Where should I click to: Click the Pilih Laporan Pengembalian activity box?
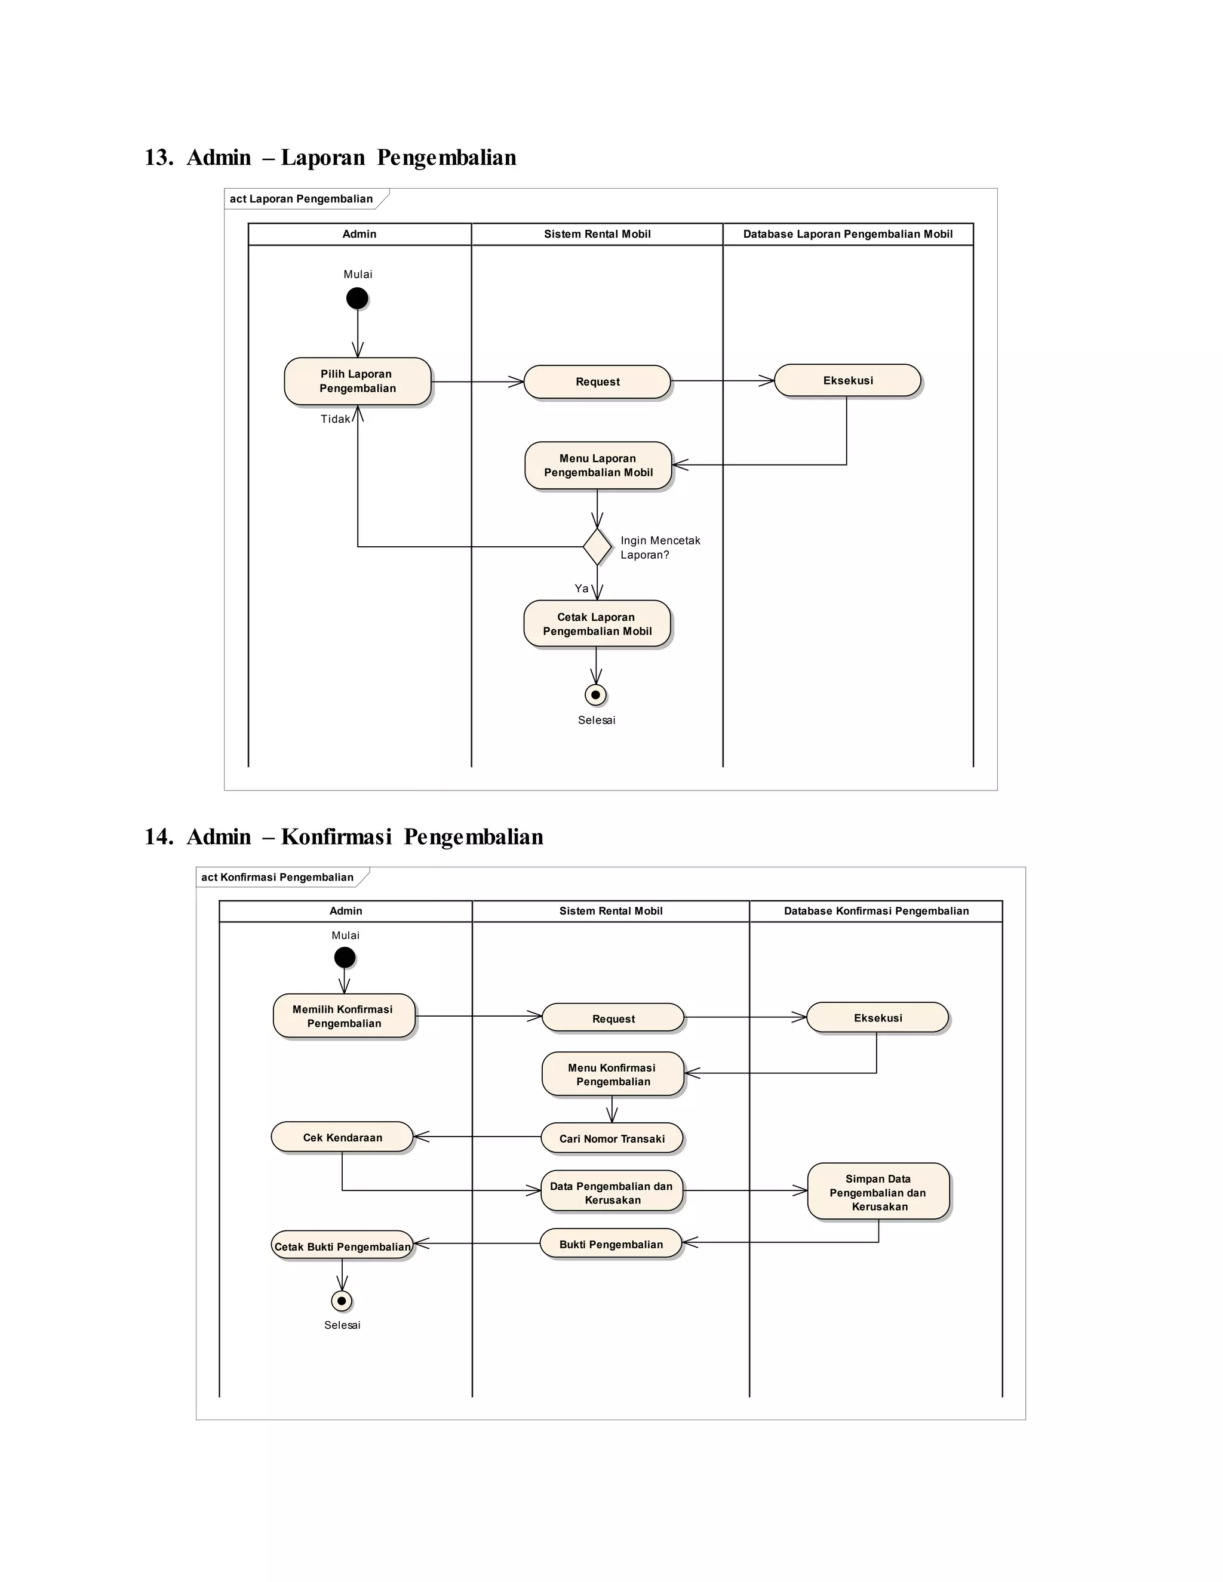click(357, 381)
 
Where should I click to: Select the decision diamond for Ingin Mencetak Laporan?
click(597, 547)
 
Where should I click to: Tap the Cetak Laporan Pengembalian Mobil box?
click(597, 624)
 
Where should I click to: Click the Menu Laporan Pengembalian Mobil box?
click(598, 465)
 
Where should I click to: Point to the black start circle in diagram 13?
click(357, 298)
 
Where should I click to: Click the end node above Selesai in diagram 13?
click(595, 695)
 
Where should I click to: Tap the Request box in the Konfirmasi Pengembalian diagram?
click(613, 1018)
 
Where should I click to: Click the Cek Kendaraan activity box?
click(342, 1137)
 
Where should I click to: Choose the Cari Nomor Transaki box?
click(612, 1138)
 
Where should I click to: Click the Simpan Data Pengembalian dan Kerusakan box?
click(878, 1192)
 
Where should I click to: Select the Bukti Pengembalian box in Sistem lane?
click(611, 1244)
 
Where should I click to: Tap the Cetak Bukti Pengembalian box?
click(342, 1246)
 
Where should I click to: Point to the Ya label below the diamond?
click(581, 589)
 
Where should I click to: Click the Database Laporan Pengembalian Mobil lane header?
click(848, 234)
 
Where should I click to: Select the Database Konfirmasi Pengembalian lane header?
click(876, 910)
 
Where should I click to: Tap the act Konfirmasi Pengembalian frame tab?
click(278, 877)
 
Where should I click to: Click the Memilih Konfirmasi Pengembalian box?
click(344, 1015)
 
